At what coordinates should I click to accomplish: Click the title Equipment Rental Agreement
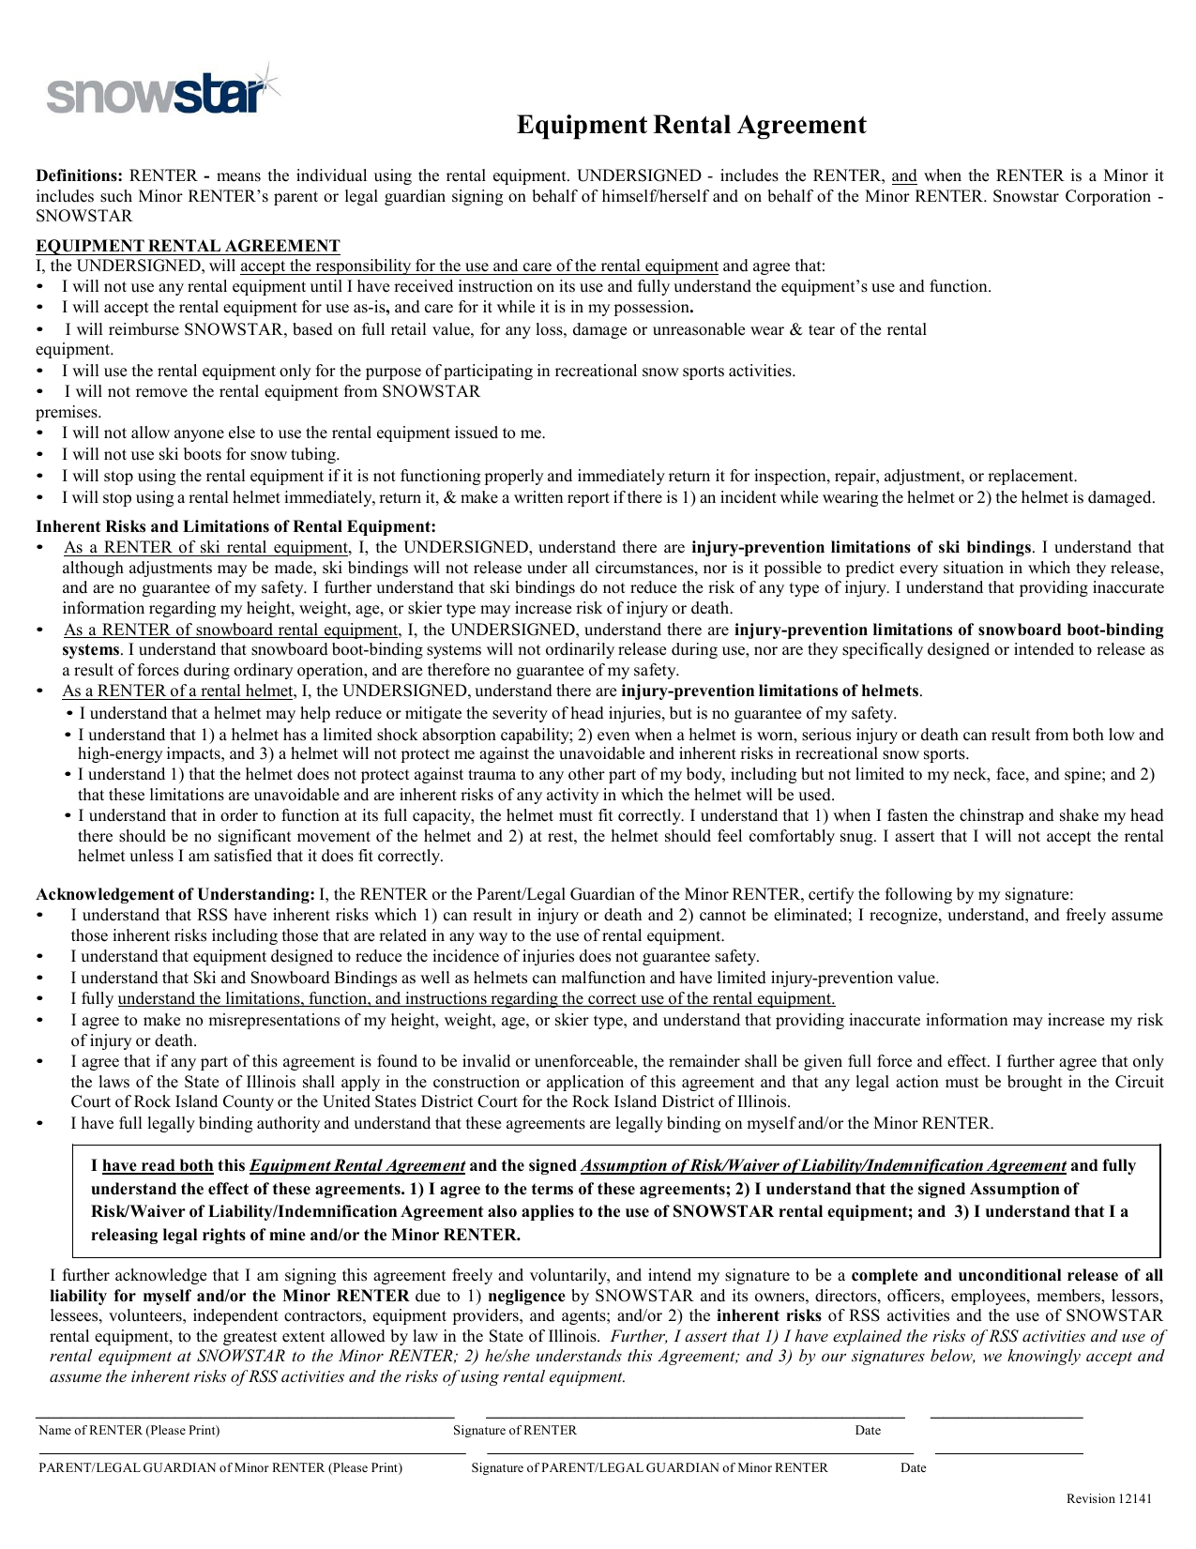tap(691, 125)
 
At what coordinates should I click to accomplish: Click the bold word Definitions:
tap(80, 175)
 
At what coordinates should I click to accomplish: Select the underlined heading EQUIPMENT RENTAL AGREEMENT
tap(188, 246)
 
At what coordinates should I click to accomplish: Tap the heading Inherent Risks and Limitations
tap(235, 526)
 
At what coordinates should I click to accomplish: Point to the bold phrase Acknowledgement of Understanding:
tap(175, 894)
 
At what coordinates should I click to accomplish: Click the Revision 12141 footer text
tap(1109, 1498)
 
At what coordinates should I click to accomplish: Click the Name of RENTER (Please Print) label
tap(129, 1430)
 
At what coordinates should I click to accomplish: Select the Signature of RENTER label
tap(515, 1430)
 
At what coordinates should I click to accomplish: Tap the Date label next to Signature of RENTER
tap(868, 1430)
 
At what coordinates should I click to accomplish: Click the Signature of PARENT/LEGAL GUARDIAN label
tap(649, 1467)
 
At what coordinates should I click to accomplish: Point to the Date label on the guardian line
tap(913, 1467)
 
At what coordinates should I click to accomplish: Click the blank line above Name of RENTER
tap(244, 1416)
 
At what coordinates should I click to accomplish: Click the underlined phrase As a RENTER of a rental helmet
tap(177, 691)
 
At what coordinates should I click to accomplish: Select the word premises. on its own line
tap(68, 412)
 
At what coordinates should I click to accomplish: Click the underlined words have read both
tap(158, 1165)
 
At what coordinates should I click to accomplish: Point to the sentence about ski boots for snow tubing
tap(201, 455)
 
